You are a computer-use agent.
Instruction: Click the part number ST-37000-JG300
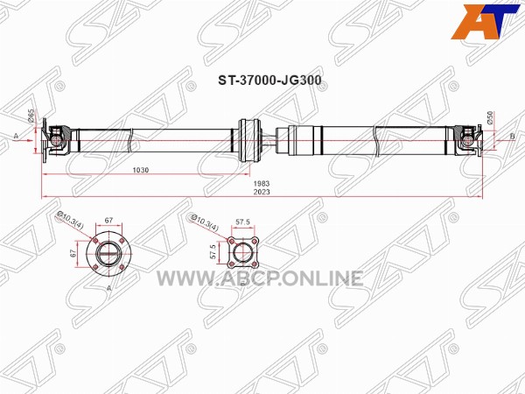pos(269,81)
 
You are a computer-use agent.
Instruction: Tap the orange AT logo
pos(485,22)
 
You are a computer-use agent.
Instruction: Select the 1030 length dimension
pos(141,170)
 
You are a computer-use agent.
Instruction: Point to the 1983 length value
pos(261,184)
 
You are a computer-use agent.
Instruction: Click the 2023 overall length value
pos(261,193)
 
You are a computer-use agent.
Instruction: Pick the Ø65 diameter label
pos(31,116)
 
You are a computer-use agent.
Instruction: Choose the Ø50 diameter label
pos(490,118)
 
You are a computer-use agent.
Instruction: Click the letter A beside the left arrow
pos(16,136)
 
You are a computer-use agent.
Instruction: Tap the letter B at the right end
pos(512,137)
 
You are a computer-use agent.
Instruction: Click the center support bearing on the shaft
pos(249,140)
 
